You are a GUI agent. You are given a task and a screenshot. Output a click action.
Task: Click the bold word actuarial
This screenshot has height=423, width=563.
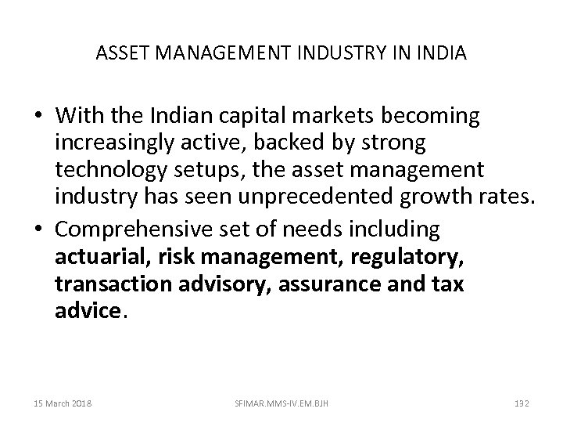coord(96,258)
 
